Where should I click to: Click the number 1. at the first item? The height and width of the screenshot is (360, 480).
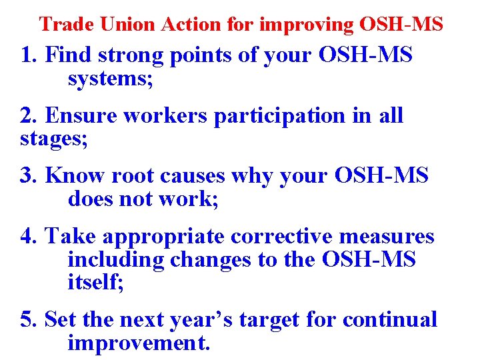(29, 55)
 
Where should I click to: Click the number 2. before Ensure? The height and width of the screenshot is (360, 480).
(29, 115)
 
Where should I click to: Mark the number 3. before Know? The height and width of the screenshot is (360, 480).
(29, 175)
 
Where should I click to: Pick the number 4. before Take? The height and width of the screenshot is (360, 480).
(29, 236)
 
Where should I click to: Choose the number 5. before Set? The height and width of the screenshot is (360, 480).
(29, 319)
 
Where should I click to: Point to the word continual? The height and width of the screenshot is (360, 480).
(390, 319)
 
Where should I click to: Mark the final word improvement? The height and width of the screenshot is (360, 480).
(139, 343)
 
